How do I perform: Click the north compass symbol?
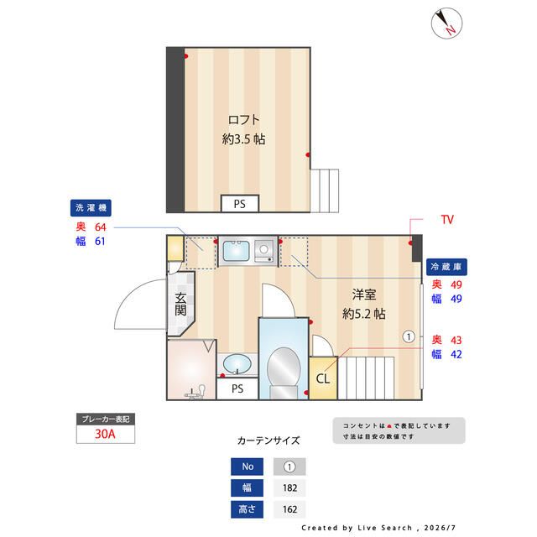(x=446, y=23)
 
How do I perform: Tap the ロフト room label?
(x=244, y=119)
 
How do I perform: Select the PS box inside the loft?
(x=240, y=204)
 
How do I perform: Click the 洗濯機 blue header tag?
(x=91, y=208)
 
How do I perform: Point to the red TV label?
(x=447, y=220)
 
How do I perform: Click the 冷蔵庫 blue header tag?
(x=446, y=267)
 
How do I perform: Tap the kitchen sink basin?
(x=236, y=251)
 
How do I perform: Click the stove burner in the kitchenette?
(x=263, y=249)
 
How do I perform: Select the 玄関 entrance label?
(x=180, y=304)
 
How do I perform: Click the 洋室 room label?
(x=364, y=295)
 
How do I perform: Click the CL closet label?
(x=323, y=378)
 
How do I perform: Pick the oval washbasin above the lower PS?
(x=237, y=363)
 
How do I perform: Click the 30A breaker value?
(x=105, y=434)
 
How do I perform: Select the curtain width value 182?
(x=289, y=487)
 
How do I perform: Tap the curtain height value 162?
(x=289, y=509)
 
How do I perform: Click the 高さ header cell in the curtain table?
(x=247, y=509)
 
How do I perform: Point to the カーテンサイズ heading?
(x=268, y=441)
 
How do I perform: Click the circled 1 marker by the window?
(x=409, y=336)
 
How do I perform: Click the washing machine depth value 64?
(x=101, y=227)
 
